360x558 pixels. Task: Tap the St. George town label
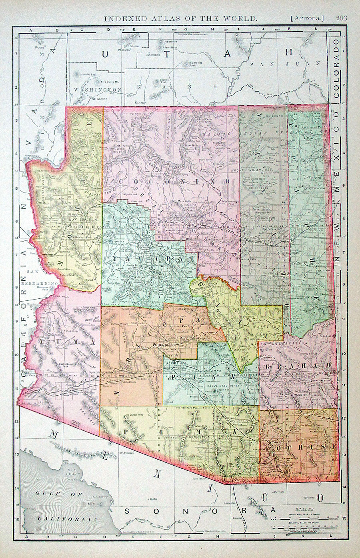(x=100, y=98)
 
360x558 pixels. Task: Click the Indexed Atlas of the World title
(x=180, y=18)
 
